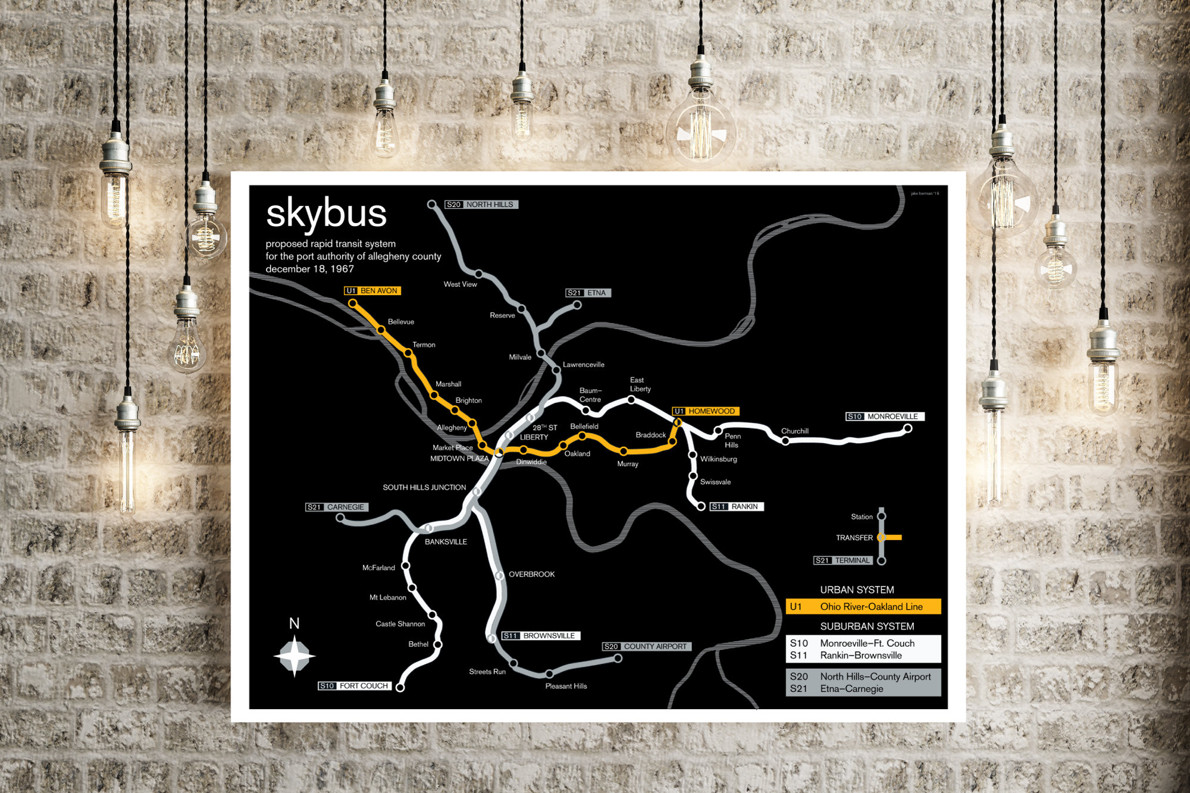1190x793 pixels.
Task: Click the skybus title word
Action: (326, 214)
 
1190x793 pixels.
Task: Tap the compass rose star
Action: (294, 656)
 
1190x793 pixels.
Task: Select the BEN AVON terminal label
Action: (372, 291)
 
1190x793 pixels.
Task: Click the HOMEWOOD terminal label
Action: (706, 411)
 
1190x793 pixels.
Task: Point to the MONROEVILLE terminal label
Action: (885, 416)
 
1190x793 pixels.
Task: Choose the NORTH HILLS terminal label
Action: (481, 205)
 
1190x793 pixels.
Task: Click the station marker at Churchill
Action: (785, 441)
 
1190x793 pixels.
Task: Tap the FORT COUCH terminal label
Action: (355, 686)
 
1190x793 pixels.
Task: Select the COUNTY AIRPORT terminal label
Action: (647, 647)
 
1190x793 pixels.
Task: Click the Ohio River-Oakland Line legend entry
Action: (863, 607)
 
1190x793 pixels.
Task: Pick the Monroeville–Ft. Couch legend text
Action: (867, 643)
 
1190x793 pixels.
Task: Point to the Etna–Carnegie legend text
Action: (851, 689)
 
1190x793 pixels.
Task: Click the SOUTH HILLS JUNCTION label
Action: (424, 487)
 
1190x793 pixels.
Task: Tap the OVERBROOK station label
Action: (531, 574)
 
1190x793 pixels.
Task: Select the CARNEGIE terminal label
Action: (337, 507)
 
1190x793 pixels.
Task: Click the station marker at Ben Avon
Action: (353, 303)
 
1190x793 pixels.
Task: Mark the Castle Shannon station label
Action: (400, 624)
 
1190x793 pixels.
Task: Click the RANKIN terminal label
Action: (737, 507)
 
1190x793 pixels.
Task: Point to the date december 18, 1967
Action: (309, 269)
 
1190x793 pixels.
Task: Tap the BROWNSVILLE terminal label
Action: (541, 636)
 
